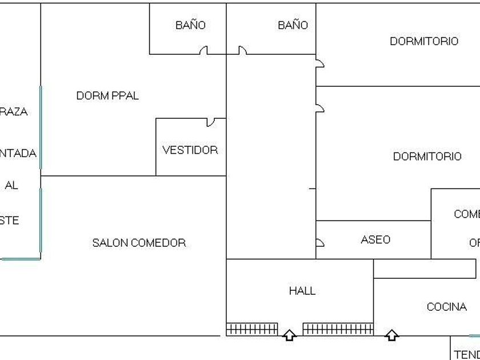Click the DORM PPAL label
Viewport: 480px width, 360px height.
click(x=107, y=95)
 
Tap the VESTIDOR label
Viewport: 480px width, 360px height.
click(x=190, y=150)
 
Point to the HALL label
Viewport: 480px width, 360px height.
click(x=302, y=291)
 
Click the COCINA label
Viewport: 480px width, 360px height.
click(x=446, y=307)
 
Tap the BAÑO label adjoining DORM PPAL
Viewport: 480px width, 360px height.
click(x=190, y=25)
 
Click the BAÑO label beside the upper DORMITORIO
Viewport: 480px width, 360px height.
click(x=293, y=25)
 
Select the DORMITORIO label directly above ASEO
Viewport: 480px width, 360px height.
click(x=427, y=157)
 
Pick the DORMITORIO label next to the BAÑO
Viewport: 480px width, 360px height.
click(x=423, y=41)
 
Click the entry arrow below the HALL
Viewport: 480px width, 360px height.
click(x=290, y=335)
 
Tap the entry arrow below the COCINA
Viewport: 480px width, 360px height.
click(x=391, y=335)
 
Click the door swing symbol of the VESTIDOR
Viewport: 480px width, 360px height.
click(x=211, y=122)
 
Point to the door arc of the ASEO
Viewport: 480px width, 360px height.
click(x=319, y=242)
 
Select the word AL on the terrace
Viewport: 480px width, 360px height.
click(x=11, y=185)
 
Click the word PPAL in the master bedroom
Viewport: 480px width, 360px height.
click(x=123, y=95)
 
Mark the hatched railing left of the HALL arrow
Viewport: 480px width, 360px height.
click(x=252, y=329)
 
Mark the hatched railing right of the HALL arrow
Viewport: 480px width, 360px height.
click(x=338, y=329)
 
